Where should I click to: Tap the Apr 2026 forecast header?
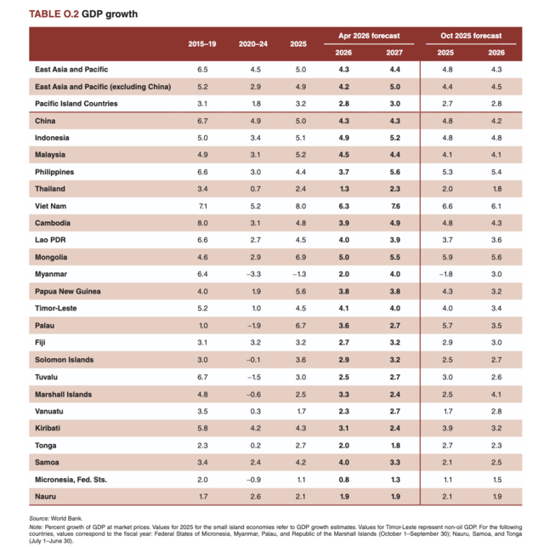click(x=369, y=36)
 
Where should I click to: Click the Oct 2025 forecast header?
click(x=471, y=36)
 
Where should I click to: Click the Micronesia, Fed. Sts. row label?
click(x=71, y=480)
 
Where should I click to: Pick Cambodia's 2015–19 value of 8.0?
click(x=202, y=223)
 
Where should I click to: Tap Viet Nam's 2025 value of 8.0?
click(x=298, y=206)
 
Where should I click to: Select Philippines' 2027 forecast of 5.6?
click(x=395, y=171)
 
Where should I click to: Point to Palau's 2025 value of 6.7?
click(x=298, y=325)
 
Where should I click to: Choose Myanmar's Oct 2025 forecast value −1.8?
click(x=445, y=274)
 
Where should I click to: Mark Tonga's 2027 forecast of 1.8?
click(x=395, y=445)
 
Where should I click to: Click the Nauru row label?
click(x=46, y=497)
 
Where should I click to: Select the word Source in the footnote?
click(x=40, y=517)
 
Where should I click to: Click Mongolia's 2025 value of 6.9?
click(x=298, y=257)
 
